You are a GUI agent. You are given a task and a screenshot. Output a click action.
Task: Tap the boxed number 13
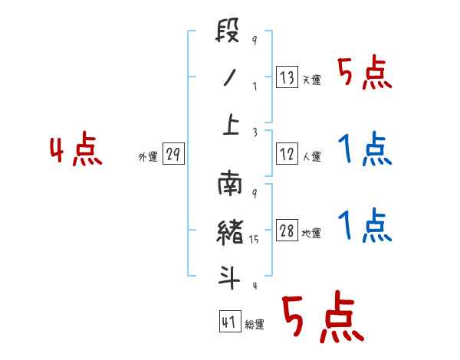click(x=287, y=77)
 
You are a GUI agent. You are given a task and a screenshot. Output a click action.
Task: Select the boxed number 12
click(x=287, y=154)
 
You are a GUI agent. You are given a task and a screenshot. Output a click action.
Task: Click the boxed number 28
click(x=287, y=231)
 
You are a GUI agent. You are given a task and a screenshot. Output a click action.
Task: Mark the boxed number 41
click(x=228, y=322)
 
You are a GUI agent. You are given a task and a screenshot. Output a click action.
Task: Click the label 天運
click(x=311, y=80)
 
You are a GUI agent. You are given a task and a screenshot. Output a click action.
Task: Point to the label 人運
click(x=311, y=156)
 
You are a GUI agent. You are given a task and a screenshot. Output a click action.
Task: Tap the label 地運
click(x=311, y=234)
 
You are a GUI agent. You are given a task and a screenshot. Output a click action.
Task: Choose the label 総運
click(x=254, y=324)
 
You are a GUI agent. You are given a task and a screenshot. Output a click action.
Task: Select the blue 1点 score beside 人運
click(x=364, y=149)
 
